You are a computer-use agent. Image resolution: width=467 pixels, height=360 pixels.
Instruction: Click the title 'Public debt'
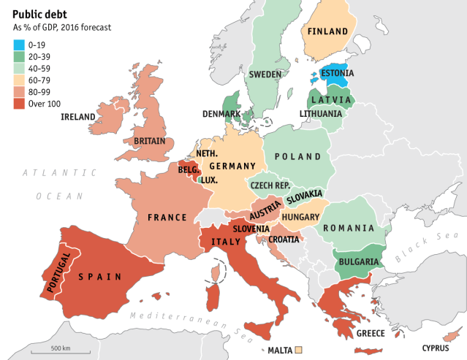[42, 13]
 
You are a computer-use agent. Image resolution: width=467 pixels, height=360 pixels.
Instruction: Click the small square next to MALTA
[298, 351]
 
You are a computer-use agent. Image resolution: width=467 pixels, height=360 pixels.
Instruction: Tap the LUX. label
[209, 180]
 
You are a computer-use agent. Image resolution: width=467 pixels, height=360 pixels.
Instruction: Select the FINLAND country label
[328, 31]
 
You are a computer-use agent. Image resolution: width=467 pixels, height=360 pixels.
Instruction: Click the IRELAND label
[78, 117]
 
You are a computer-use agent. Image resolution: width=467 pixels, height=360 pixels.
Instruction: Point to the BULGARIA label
[357, 262]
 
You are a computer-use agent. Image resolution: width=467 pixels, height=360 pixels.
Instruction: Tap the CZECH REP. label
[271, 185]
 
